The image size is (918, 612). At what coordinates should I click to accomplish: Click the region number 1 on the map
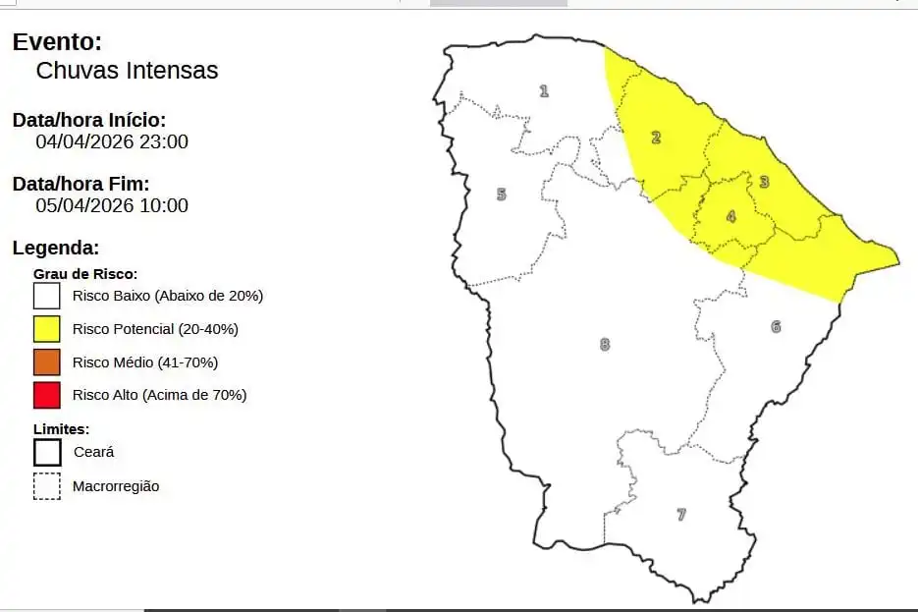(544, 91)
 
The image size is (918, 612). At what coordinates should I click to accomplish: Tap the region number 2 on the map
(656, 137)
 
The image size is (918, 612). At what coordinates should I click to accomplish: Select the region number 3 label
(764, 181)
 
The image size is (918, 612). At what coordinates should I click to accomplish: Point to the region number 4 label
(730, 216)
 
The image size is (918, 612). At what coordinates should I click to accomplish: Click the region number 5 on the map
(501, 194)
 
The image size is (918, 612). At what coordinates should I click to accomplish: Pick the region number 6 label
(776, 326)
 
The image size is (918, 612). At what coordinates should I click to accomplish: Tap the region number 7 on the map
(681, 514)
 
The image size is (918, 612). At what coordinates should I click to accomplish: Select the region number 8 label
(605, 344)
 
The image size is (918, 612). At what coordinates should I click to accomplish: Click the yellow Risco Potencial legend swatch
(46, 328)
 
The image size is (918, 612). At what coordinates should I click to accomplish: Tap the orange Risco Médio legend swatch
(46, 362)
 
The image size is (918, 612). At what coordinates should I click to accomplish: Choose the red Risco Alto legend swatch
(46, 395)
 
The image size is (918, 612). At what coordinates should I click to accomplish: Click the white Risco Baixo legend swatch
(46, 295)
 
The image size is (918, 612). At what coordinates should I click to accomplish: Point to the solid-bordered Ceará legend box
(46, 452)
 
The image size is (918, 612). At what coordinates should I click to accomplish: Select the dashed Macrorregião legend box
(46, 486)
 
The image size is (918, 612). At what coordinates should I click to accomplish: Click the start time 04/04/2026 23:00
(112, 141)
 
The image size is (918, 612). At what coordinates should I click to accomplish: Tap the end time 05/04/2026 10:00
(112, 205)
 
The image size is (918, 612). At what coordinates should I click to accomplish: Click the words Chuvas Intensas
(127, 71)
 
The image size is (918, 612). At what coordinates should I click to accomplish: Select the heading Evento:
(57, 42)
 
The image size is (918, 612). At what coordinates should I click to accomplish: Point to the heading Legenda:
(56, 249)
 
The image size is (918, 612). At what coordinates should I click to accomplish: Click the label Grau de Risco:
(85, 273)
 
